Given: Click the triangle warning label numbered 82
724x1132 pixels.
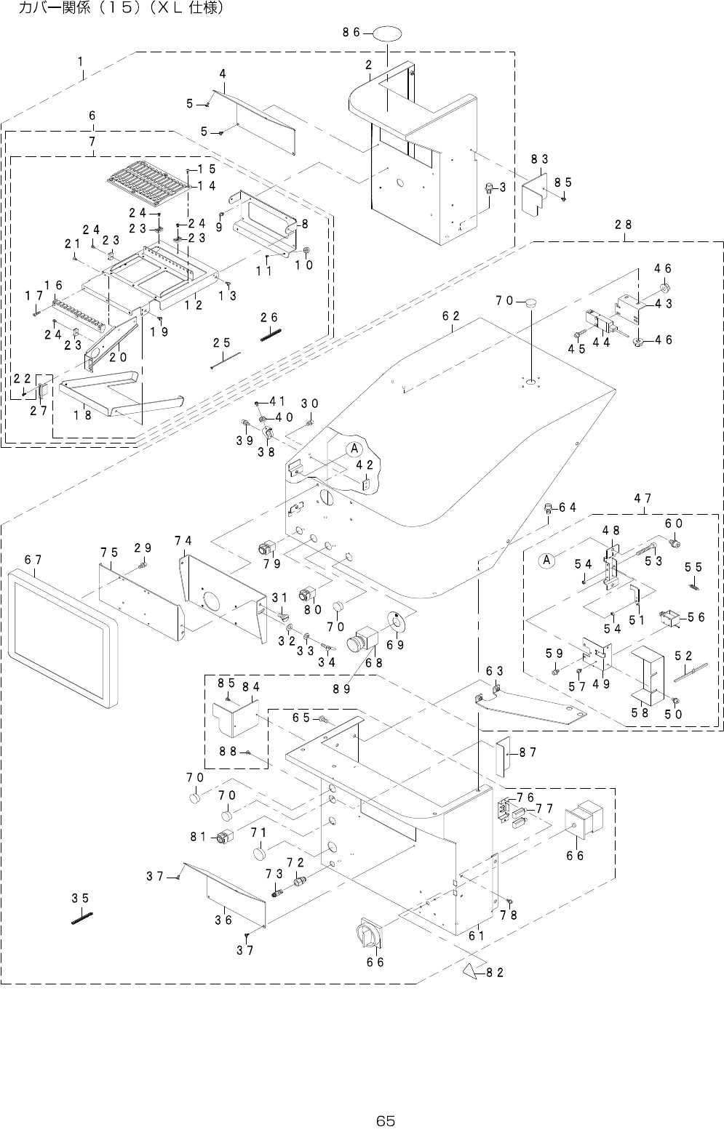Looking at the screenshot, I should [469, 971].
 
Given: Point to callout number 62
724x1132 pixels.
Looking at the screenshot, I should [450, 316].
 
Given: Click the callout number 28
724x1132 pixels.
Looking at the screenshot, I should [623, 225].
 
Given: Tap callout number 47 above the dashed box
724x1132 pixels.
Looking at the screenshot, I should [643, 499].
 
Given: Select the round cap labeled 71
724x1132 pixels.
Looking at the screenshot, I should [259, 852].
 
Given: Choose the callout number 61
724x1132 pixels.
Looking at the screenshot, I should [476, 936].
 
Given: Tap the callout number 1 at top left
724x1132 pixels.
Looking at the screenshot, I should [81, 63].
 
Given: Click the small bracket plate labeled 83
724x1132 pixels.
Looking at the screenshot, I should [537, 192].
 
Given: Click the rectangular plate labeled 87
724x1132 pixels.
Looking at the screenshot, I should [503, 754].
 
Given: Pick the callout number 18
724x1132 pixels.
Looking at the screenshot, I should [82, 415].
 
